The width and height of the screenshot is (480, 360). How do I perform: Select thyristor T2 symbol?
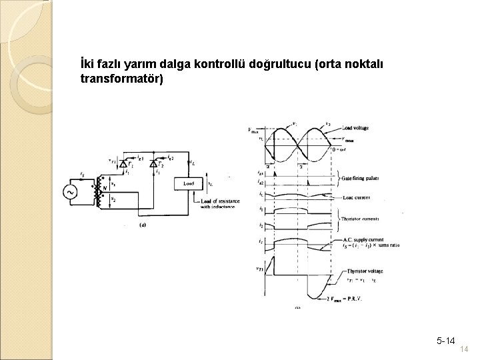[155, 164]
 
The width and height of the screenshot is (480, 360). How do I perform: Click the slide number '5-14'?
[446, 341]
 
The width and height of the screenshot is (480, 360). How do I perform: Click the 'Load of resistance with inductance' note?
[213, 203]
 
